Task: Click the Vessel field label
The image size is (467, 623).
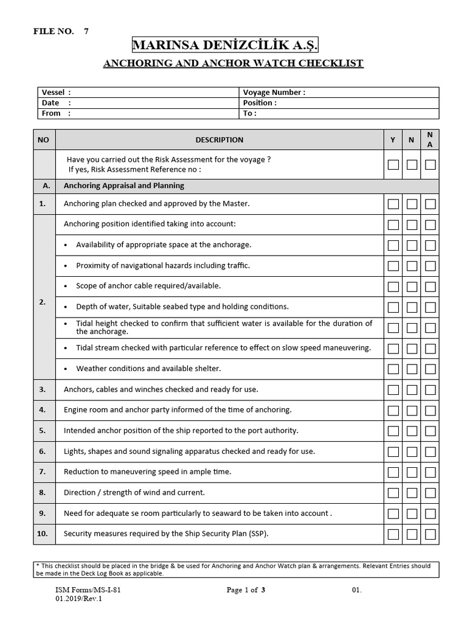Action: [x=56, y=92]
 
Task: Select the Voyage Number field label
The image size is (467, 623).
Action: [x=274, y=92]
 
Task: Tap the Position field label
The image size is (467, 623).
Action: [x=260, y=103]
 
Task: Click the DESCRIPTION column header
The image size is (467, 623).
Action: [x=219, y=140]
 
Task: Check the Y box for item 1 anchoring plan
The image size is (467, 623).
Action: [x=393, y=204]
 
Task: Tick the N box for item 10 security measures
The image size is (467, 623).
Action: [x=412, y=534]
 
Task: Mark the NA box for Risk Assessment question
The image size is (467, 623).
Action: [x=431, y=164]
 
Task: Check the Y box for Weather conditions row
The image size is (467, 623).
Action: [x=393, y=369]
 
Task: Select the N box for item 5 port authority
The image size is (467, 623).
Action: [x=412, y=431]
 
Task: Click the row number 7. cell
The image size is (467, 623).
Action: [x=43, y=472]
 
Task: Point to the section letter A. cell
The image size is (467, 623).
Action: [x=45, y=186]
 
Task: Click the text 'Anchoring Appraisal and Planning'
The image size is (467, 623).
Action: [x=124, y=186]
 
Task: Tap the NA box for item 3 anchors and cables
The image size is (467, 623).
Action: [x=431, y=389]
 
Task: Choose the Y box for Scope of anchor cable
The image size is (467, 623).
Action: [x=393, y=287]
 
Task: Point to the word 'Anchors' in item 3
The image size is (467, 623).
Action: [x=78, y=389]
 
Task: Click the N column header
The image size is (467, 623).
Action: [x=412, y=140]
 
